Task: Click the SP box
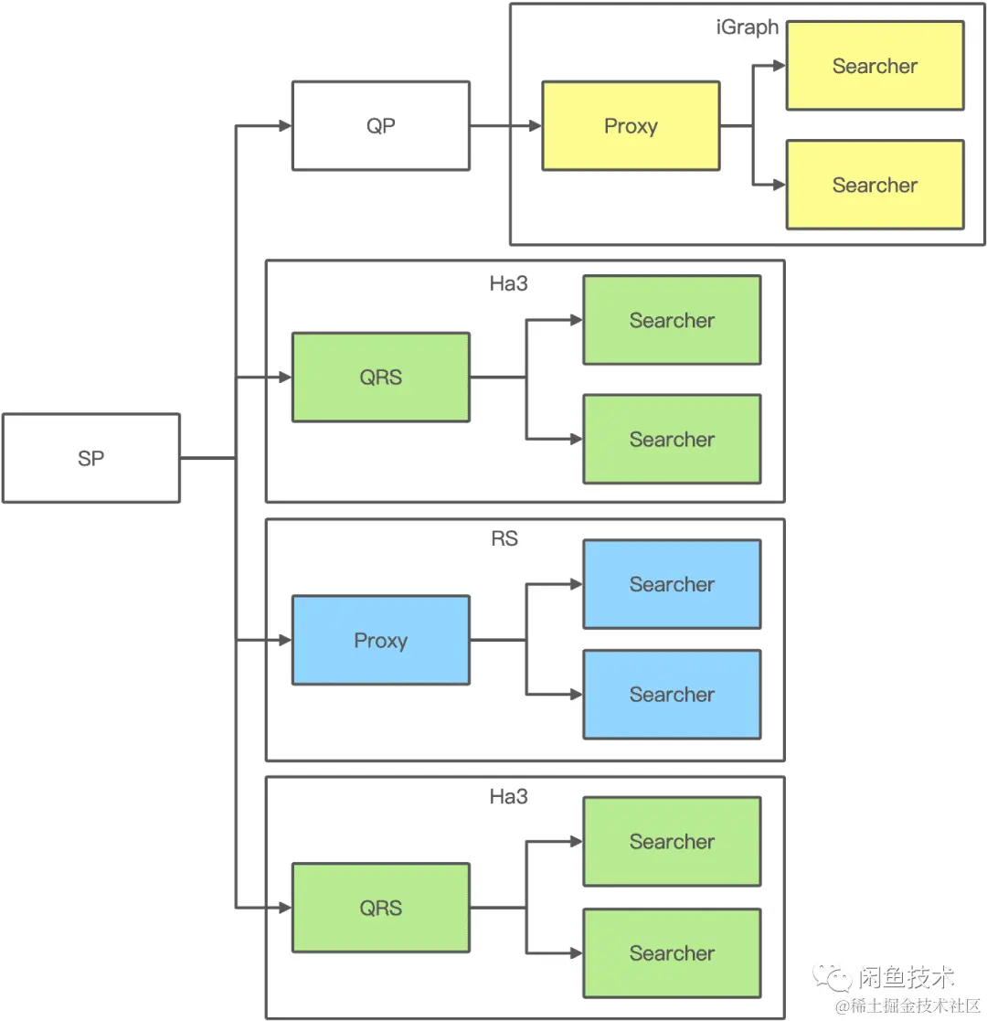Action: (90, 458)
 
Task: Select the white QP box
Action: (380, 126)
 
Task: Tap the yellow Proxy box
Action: (631, 126)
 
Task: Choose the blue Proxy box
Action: (380, 640)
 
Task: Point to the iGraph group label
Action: (747, 27)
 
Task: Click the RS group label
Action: (504, 539)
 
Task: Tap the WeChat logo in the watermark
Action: (834, 979)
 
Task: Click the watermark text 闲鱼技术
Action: (907, 978)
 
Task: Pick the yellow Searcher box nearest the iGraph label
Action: (875, 66)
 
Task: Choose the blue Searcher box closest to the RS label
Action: (672, 584)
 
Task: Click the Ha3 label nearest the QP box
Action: (508, 283)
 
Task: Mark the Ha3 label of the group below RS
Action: (508, 797)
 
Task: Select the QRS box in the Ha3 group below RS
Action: (380, 908)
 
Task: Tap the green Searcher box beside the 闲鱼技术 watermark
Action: (672, 952)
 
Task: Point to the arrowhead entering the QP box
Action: (284, 126)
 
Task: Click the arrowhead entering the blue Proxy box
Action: (284, 640)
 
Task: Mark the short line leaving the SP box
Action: (207, 458)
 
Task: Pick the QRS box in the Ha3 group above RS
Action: (380, 377)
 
